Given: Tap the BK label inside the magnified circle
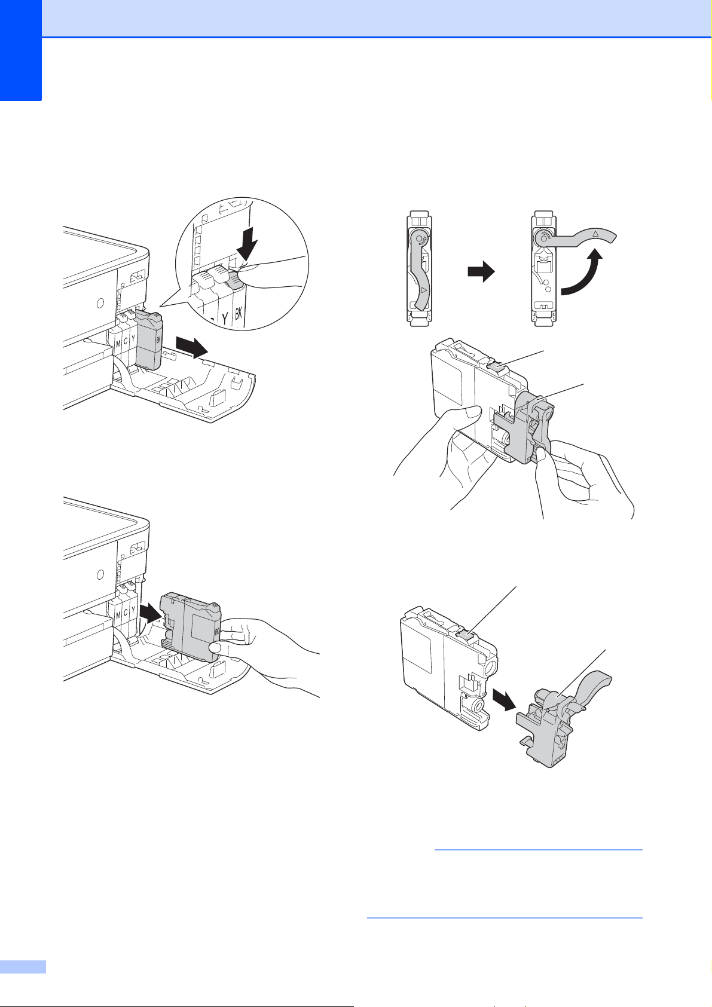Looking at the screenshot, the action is pyautogui.click(x=239, y=313).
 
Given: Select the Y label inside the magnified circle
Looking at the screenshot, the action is pyautogui.click(x=225, y=319).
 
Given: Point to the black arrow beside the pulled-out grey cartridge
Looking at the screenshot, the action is pyautogui.click(x=192, y=347).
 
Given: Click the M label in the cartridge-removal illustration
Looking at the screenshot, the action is pyautogui.click(x=118, y=344).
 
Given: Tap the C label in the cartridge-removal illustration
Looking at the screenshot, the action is pyautogui.click(x=126, y=341).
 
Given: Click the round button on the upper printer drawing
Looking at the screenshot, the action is pyautogui.click(x=100, y=303).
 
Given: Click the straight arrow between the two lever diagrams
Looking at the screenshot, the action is pyautogui.click(x=481, y=271).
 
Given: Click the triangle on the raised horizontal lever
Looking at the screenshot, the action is pyautogui.click(x=595, y=234).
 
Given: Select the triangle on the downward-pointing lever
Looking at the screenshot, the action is pyautogui.click(x=424, y=290).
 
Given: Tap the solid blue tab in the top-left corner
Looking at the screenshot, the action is pyautogui.click(x=21, y=50).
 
